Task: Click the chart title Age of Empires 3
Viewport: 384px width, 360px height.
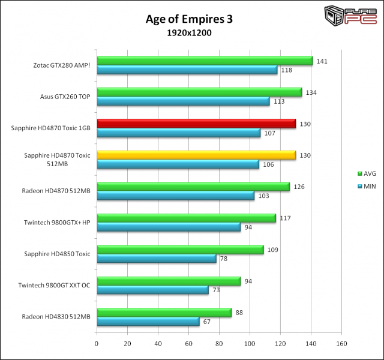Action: [189, 19]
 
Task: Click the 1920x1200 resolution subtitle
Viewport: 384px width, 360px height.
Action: [189, 32]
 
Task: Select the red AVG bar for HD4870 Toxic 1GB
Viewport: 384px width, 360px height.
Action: [196, 124]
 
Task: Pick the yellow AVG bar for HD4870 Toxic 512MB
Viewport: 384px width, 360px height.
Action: [196, 155]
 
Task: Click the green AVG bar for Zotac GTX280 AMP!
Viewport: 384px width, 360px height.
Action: [205, 61]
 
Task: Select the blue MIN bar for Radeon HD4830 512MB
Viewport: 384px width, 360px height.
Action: [148, 322]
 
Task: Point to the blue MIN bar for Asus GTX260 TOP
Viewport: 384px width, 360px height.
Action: [183, 101]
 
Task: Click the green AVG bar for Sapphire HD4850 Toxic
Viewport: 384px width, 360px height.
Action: [180, 250]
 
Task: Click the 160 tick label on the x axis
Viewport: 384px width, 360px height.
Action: [342, 344]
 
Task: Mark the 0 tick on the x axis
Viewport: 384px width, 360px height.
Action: [97, 344]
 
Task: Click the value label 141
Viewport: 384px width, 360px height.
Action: [322, 61]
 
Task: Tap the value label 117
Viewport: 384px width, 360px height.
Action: [285, 218]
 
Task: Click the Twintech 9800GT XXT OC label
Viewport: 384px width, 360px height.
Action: [55, 285]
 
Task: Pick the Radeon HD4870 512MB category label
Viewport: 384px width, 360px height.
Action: [56, 191]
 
